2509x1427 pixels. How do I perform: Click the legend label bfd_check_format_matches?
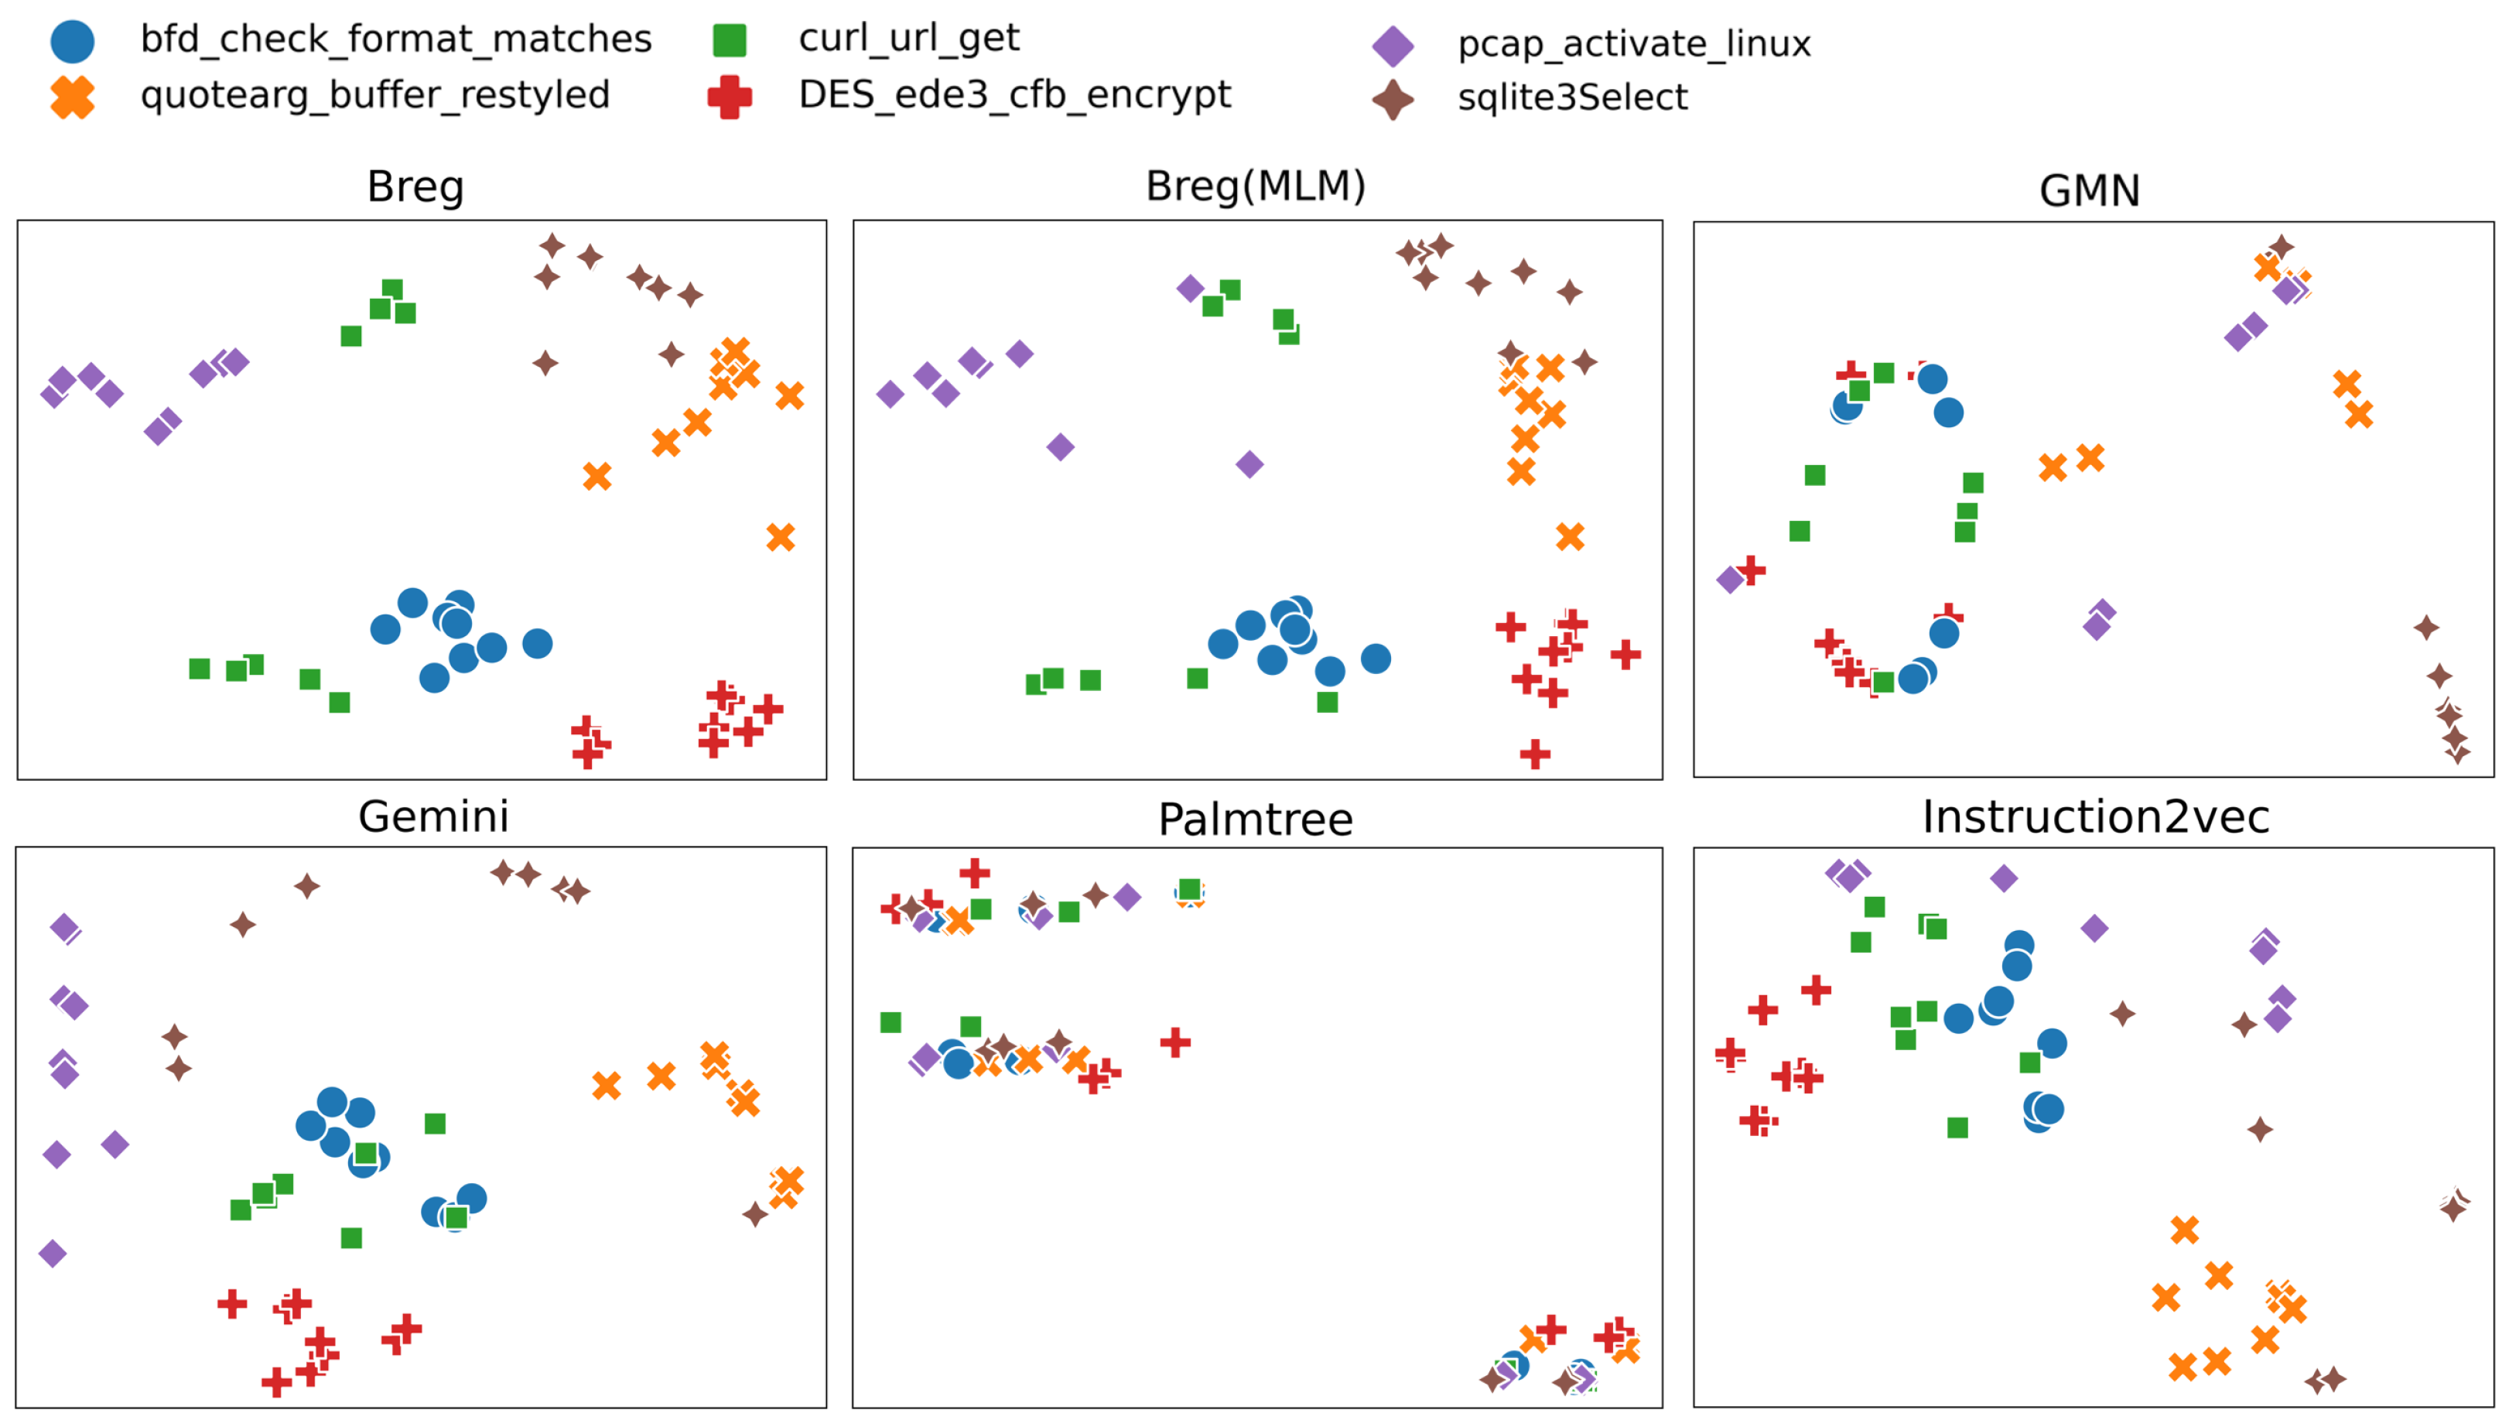396,39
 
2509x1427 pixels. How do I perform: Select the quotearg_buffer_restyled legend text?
375,95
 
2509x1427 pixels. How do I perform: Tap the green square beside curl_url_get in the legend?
729,40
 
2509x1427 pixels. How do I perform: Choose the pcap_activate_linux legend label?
1633,44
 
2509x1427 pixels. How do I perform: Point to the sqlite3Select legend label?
1571,97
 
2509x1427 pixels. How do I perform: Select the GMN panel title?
2089,190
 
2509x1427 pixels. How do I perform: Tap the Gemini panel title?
433,816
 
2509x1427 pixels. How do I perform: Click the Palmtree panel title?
1255,820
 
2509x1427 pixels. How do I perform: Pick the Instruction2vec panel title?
2094,816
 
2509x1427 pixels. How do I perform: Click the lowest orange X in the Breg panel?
781,537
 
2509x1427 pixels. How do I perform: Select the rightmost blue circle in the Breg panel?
537,644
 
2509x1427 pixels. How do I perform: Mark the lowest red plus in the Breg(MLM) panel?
1535,755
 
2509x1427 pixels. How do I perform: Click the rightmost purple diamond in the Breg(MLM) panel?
1249,464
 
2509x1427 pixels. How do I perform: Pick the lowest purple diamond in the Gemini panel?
53,1254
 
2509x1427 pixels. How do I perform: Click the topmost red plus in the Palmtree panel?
974,872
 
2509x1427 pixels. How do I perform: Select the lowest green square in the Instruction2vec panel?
1957,1128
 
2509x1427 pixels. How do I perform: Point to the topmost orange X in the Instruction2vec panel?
2184,1230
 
